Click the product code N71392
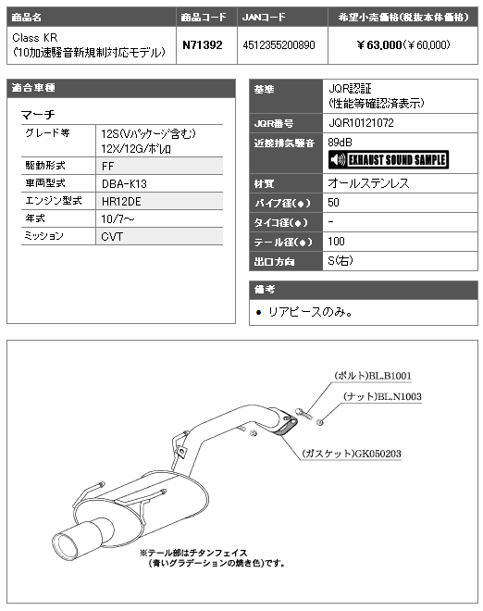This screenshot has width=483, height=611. pyautogui.click(x=203, y=45)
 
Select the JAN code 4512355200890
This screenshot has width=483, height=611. pyautogui.click(x=279, y=45)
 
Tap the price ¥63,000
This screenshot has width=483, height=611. pyautogui.click(x=379, y=45)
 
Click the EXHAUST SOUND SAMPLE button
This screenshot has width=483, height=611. pyautogui.click(x=389, y=160)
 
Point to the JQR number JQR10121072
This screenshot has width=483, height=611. pyautogui.click(x=361, y=123)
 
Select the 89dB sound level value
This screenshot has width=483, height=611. pyautogui.click(x=341, y=143)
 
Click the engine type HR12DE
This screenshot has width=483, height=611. pyautogui.click(x=121, y=202)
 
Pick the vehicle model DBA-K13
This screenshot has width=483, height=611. pyautogui.click(x=124, y=183)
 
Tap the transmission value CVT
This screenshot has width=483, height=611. pyautogui.click(x=112, y=236)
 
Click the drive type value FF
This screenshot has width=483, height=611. pyautogui.click(x=108, y=167)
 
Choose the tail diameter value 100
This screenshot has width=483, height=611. pyautogui.click(x=336, y=242)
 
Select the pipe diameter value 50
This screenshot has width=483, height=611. pyautogui.click(x=333, y=203)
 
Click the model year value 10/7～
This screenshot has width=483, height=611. pyautogui.click(x=118, y=219)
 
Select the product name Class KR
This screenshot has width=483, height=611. pyautogui.click(x=35, y=38)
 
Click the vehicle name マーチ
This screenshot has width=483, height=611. pyautogui.click(x=38, y=115)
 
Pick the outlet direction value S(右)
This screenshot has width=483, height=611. pyautogui.click(x=341, y=261)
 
